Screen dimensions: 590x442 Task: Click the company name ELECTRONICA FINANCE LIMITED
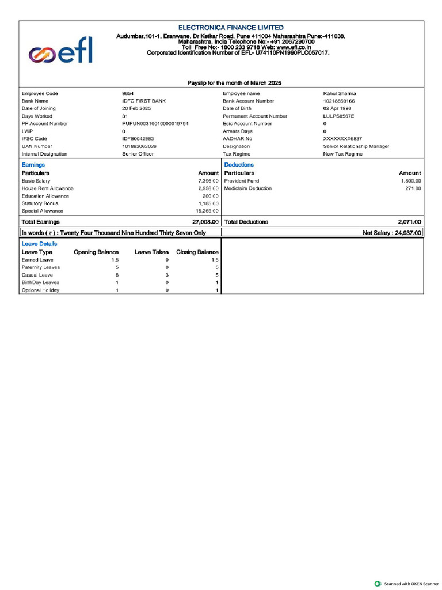click(x=231, y=28)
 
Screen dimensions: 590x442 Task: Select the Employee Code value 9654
click(x=128, y=93)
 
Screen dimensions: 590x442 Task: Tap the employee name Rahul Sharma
click(x=340, y=93)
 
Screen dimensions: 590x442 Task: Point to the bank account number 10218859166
click(x=339, y=101)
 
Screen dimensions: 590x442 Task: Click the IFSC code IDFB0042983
click(x=138, y=139)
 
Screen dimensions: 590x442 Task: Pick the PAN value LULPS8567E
click(x=338, y=116)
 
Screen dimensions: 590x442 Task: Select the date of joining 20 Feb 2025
click(x=136, y=108)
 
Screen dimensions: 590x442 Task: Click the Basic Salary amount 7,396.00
click(x=208, y=181)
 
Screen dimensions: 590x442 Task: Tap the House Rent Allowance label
click(x=48, y=188)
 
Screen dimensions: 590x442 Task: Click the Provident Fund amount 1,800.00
click(x=411, y=181)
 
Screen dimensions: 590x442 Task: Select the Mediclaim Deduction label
click(x=248, y=188)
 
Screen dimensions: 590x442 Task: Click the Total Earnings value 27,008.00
click(x=205, y=222)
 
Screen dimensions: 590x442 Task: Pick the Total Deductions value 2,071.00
click(x=409, y=222)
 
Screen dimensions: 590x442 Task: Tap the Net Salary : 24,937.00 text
click(x=392, y=233)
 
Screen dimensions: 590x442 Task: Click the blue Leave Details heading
click(x=39, y=244)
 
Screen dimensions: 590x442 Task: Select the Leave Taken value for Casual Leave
click(x=167, y=275)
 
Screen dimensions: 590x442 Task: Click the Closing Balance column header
click(x=197, y=252)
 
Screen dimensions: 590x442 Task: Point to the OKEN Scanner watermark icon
click(x=378, y=584)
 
